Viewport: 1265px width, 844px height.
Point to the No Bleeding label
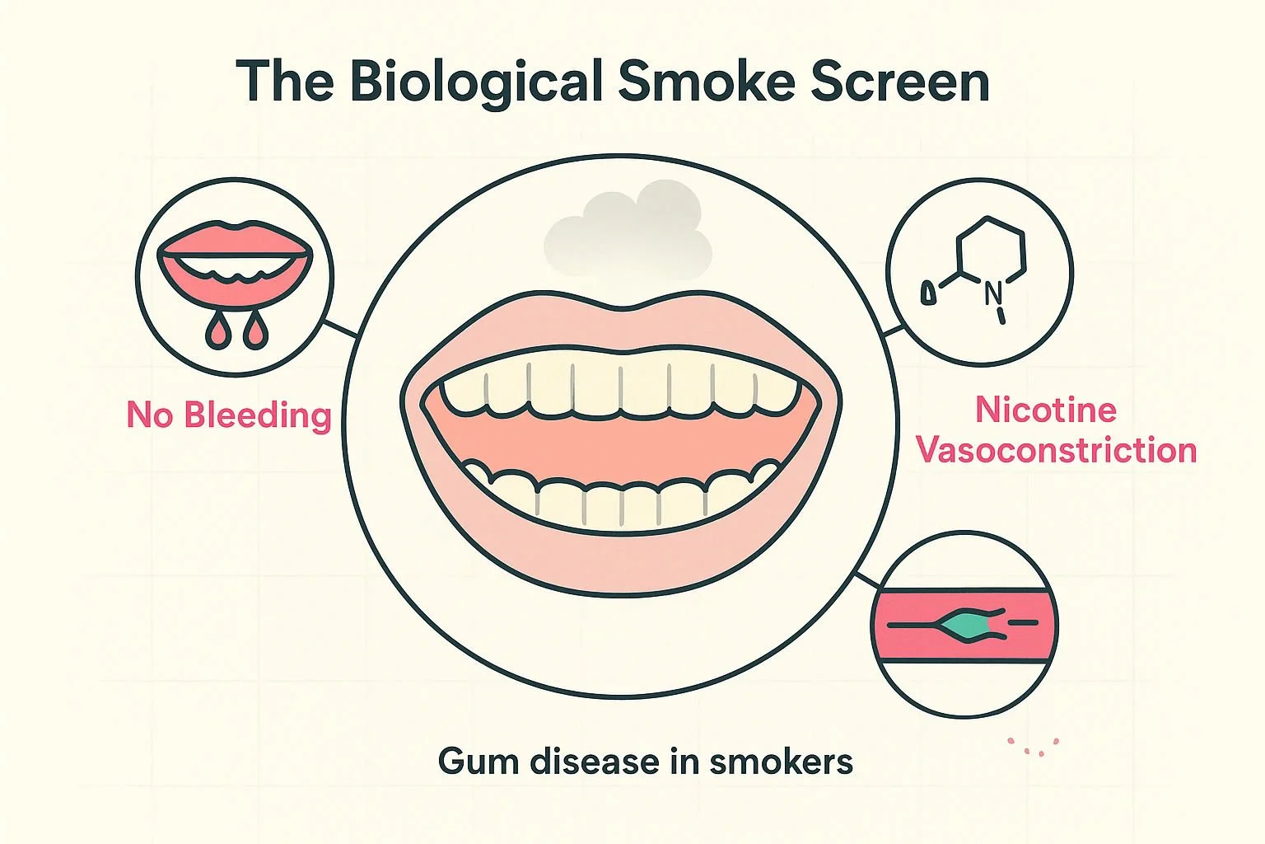pyautogui.click(x=228, y=415)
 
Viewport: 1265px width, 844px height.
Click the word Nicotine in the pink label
pyautogui.click(x=1045, y=410)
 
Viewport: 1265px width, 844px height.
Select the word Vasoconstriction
pyautogui.click(x=1056, y=450)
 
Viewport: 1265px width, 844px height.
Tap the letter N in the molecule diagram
pyautogui.click(x=992, y=290)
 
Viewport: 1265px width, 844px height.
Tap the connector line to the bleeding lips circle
pyautogui.click(x=339, y=329)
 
